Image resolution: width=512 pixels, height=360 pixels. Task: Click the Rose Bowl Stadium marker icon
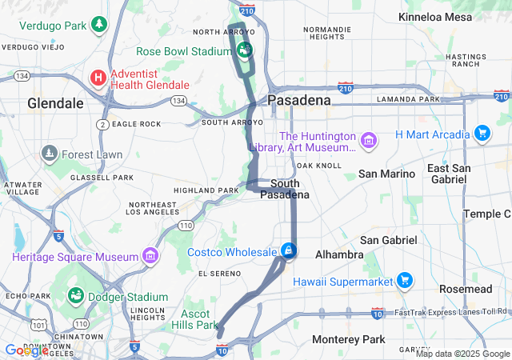coord(245,50)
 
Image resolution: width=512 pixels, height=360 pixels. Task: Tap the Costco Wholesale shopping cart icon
coord(289,251)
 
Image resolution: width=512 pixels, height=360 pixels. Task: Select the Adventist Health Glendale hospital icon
coord(98,78)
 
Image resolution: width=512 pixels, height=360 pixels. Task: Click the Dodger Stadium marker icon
coord(76,296)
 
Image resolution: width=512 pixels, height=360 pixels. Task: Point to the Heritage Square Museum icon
coord(150,256)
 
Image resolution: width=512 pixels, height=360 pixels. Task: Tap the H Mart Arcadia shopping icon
coord(482,133)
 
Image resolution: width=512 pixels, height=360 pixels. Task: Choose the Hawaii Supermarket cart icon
coord(405,281)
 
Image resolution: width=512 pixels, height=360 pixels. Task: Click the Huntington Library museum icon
coord(369,142)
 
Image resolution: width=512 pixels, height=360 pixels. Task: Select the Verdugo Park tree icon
coord(98,25)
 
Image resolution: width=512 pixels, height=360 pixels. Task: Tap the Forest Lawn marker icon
coord(50,154)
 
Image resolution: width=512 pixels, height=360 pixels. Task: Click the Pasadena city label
coord(298,101)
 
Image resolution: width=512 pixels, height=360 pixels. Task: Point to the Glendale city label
coord(55,103)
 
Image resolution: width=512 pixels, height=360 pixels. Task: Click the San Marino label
coord(387,174)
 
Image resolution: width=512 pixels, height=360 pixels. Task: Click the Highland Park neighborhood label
coord(206,190)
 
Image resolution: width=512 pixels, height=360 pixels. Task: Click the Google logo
coord(26,350)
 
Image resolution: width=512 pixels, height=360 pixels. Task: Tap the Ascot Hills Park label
coord(194,319)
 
